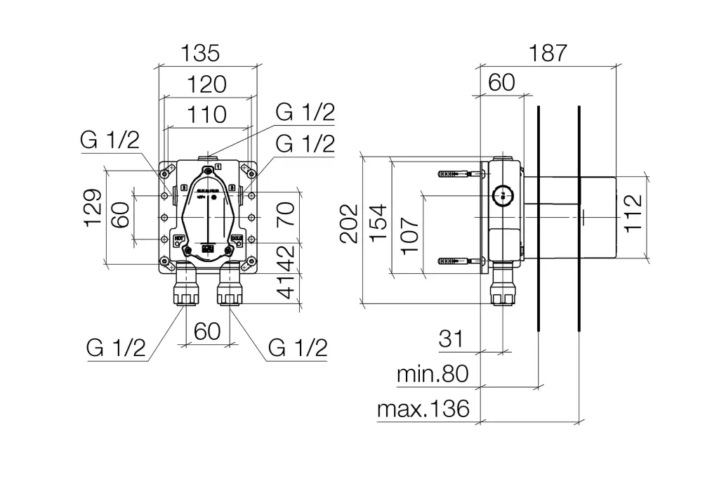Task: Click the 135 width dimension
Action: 200,53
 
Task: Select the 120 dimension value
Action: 207,84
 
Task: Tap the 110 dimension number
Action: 207,114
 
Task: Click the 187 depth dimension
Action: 548,53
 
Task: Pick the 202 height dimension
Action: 349,223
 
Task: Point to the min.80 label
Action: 433,374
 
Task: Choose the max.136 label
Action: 423,409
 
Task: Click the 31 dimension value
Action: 452,339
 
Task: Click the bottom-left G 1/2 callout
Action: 117,347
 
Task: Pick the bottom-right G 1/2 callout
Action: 298,347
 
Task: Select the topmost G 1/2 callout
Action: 305,112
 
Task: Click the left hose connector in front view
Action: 185,290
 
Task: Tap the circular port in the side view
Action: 502,195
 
